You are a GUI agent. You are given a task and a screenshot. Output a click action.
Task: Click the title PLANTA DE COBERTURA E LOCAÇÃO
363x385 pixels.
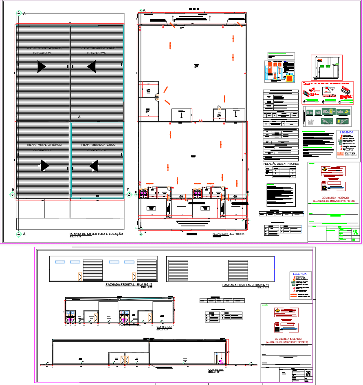pos(96,234)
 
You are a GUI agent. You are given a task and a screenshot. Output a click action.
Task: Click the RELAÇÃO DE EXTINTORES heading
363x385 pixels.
pos(281,164)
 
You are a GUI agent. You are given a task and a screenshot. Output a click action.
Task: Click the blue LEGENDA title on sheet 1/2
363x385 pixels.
pos(347,133)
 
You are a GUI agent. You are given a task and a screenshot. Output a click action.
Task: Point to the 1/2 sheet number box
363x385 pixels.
pos(355,231)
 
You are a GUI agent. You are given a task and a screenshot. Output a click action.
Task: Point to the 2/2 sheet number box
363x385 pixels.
pos(308,373)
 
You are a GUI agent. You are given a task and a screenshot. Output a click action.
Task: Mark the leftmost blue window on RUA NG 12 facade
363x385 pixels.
pos(59,262)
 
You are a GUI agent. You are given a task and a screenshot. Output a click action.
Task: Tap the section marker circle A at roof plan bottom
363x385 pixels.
pos(18,234)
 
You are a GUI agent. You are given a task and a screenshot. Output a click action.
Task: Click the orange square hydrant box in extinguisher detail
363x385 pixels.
pos(289,78)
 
